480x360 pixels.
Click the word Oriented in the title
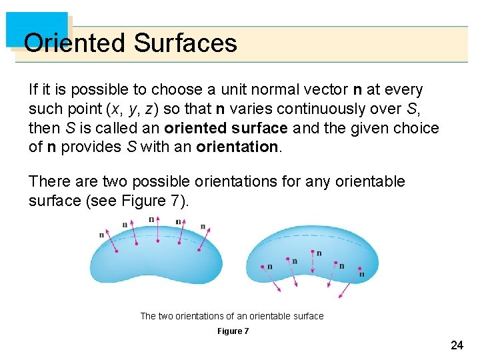point(75,43)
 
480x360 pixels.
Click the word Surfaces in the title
point(185,43)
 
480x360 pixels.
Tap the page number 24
point(457,345)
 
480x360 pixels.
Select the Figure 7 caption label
point(233,331)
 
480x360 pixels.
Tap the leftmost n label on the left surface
point(101,234)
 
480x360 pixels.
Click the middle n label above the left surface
point(151,219)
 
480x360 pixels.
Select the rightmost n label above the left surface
point(203,227)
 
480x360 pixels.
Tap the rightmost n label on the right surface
point(361,273)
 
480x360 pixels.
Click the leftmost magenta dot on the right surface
point(263,267)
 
